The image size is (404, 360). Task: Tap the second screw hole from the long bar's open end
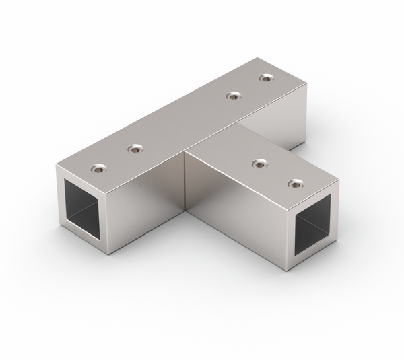click(135, 148)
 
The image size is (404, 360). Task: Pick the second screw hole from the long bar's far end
click(233, 96)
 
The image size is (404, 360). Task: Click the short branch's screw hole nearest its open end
click(294, 183)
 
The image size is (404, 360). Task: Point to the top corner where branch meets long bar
click(186, 154)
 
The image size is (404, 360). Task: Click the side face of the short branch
click(236, 215)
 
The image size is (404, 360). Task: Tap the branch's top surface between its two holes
click(276, 173)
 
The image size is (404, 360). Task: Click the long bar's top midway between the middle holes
click(184, 122)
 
